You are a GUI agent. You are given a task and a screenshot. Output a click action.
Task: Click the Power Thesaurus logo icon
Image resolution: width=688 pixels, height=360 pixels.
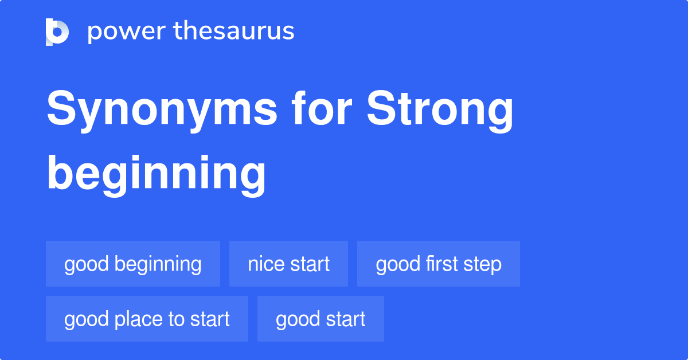[57, 32]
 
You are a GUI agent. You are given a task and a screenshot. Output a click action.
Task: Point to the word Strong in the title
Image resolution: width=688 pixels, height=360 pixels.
[440, 110]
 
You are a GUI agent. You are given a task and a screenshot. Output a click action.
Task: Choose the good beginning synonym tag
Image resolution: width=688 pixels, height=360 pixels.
[133, 264]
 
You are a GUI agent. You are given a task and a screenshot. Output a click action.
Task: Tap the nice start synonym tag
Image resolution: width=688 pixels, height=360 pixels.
[288, 264]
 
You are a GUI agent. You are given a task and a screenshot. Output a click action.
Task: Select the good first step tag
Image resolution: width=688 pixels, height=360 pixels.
[439, 264]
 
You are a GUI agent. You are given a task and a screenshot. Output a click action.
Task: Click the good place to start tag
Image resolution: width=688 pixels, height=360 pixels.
[147, 319]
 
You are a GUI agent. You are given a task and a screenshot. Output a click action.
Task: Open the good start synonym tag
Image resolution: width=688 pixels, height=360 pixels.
[320, 319]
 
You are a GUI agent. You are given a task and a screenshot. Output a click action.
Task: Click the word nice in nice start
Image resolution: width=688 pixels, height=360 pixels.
[264, 264]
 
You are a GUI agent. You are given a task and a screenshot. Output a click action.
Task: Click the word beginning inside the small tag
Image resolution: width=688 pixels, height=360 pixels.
[158, 264]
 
